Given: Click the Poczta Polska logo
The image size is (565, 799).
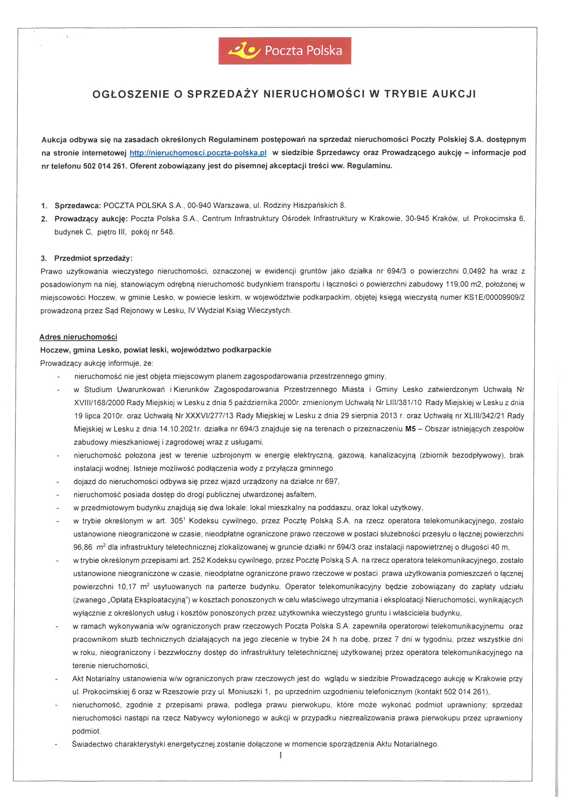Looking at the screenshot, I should [x=284, y=51].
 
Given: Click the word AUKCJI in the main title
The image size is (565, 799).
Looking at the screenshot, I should [x=454, y=94].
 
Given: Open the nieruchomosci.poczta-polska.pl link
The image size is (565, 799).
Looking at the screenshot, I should [x=198, y=153].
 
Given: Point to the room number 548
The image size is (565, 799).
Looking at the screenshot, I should [x=167, y=232].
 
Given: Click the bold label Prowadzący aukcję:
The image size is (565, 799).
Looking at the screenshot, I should [x=91, y=218].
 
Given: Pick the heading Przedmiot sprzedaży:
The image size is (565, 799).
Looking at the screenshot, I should [x=93, y=258].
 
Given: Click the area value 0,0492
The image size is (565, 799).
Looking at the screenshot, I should [x=474, y=271].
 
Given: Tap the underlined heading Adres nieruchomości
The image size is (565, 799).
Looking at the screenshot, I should [x=78, y=337].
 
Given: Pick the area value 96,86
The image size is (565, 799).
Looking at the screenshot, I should [x=82, y=547].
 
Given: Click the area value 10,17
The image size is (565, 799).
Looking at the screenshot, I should [x=127, y=587].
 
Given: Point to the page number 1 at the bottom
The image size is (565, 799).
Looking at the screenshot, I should [x=281, y=755].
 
